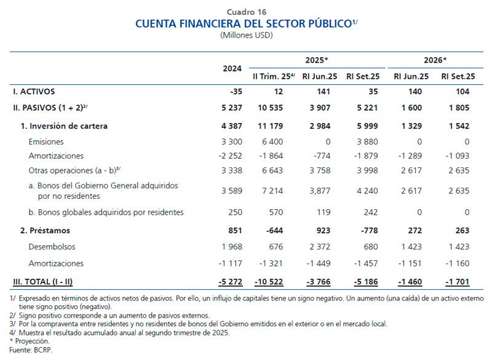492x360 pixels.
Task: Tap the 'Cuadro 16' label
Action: pos(246,12)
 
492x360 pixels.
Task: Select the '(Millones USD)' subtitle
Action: pos(246,35)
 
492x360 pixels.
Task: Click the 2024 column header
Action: pos(231,68)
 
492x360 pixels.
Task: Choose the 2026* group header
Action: pos(435,60)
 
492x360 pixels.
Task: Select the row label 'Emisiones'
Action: pos(46,141)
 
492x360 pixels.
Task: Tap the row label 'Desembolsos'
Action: pos(52,247)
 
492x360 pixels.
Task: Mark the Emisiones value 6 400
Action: pos(271,141)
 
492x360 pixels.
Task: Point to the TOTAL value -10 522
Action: pos(269,281)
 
